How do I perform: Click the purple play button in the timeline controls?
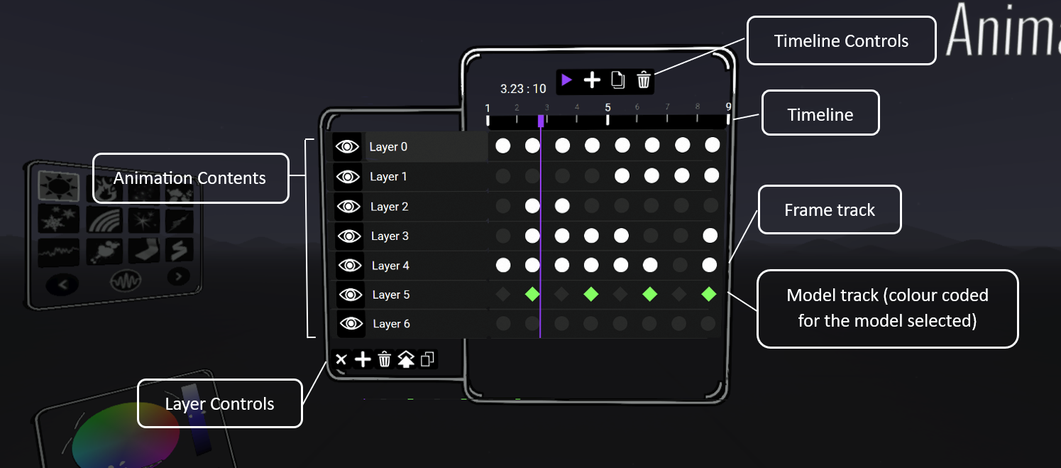pos(566,80)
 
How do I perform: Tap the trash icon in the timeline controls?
pos(643,80)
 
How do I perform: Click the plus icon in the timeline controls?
pos(592,80)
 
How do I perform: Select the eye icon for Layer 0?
pos(348,147)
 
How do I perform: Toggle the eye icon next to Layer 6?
pos(351,324)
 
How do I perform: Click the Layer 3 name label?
pos(390,236)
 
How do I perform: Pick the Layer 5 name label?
pos(391,295)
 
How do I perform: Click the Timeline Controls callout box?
pos(841,41)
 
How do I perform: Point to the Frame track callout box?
pos(830,210)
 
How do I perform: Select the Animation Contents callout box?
pos(190,178)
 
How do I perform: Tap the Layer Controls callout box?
pos(219,404)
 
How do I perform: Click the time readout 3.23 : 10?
pos(523,89)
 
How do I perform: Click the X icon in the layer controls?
pos(341,359)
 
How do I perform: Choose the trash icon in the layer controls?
pos(384,359)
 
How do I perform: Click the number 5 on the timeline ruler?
pos(608,108)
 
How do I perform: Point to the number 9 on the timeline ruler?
pos(728,108)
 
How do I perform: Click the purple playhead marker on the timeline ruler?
pos(541,121)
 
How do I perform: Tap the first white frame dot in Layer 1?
pos(622,175)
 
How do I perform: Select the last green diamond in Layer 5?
pos(709,294)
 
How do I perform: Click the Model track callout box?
pos(887,308)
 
